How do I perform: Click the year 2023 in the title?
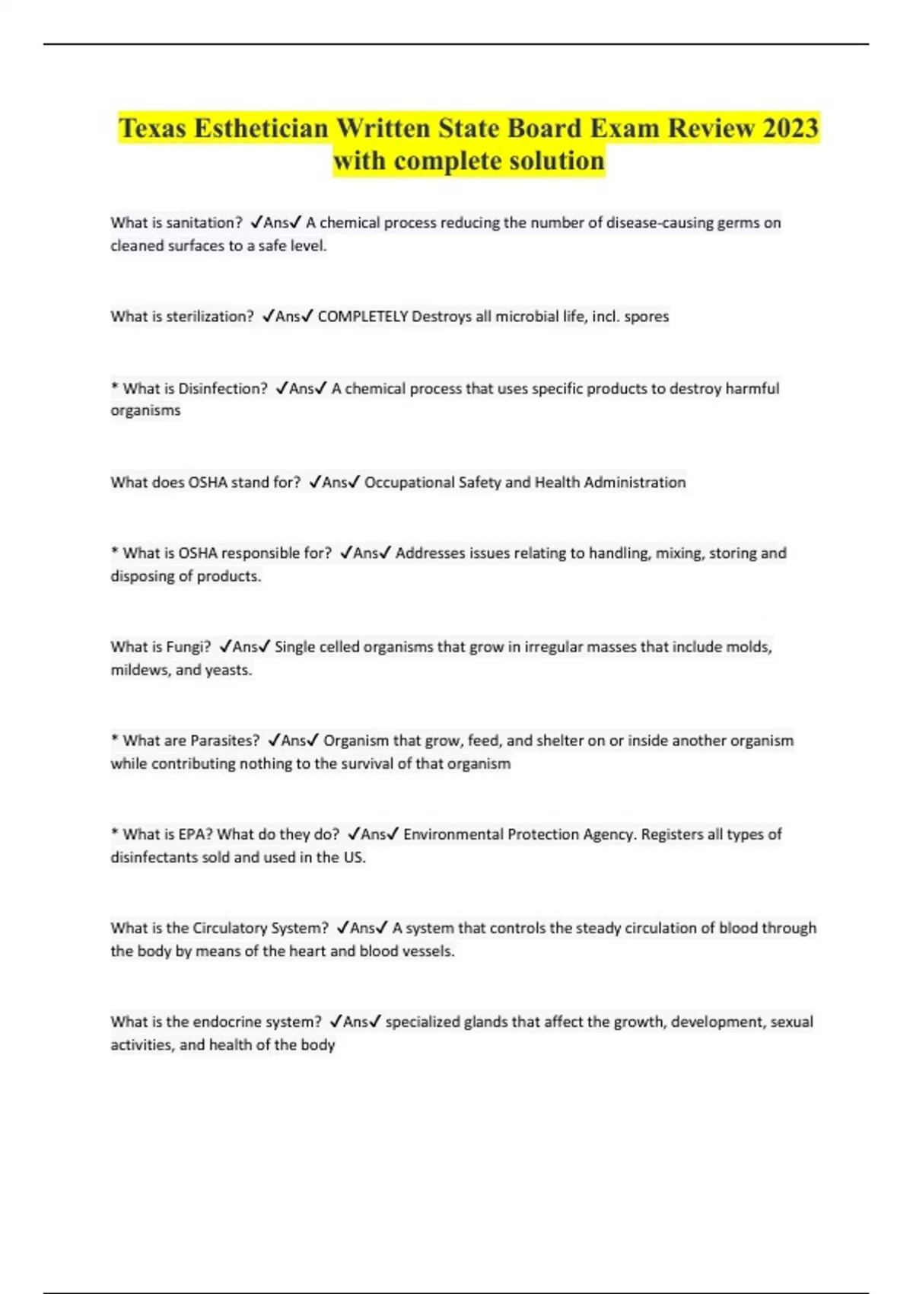point(791,128)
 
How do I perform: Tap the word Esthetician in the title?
point(261,128)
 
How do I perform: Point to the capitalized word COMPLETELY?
point(362,317)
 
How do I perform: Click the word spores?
point(646,317)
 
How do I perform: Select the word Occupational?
point(409,483)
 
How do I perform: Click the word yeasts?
point(228,671)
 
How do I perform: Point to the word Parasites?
point(224,741)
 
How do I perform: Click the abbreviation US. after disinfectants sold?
point(354,858)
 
